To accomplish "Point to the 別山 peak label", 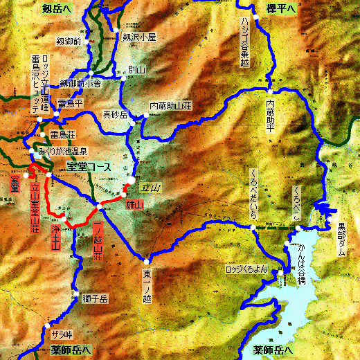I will coord(137,70).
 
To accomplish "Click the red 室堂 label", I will coord(14,181).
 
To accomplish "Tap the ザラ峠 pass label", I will coord(62,334).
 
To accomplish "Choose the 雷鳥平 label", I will coord(71,103).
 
